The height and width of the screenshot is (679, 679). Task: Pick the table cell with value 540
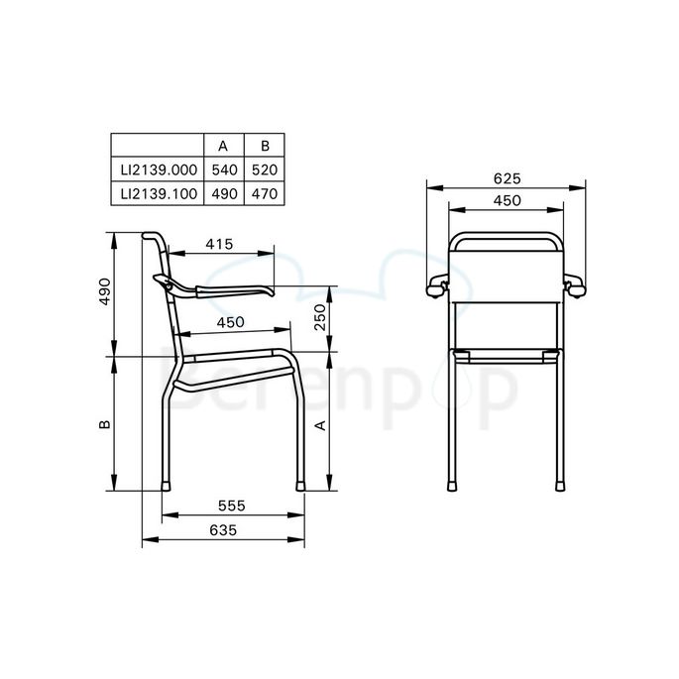pos(223,170)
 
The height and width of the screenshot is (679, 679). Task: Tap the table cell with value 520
pos(264,170)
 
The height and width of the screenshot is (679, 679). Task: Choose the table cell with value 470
pos(264,193)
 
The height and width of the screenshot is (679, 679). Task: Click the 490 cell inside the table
pos(223,193)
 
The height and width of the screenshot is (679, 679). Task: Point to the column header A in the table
pos(223,146)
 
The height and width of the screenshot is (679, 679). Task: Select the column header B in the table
pos(264,146)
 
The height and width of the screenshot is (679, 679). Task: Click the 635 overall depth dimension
pos(223,530)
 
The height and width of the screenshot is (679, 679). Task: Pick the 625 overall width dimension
pos(507,179)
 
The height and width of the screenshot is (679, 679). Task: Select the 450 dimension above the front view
pos(507,201)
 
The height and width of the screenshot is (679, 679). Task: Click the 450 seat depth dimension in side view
pos(231,322)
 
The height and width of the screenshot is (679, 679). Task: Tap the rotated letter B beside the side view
pos(104,423)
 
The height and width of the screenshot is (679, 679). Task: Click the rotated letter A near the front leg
pos(320,423)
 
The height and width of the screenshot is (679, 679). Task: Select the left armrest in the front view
pos(437,286)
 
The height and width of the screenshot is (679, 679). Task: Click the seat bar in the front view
pos(507,354)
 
